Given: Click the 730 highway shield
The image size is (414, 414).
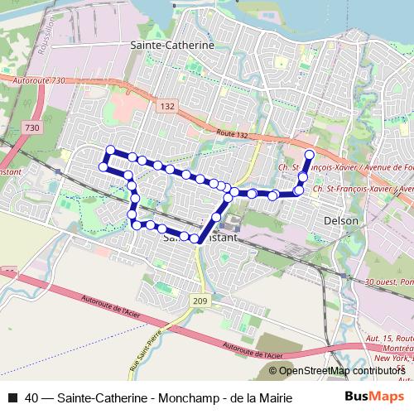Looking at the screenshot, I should click(32, 128).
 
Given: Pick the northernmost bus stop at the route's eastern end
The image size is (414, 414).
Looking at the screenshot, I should click(310, 155).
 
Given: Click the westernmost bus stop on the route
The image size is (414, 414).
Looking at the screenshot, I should click(103, 166).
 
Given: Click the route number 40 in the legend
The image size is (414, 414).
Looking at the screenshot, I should click(31, 398).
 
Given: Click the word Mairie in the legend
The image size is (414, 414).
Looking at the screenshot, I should click(273, 398).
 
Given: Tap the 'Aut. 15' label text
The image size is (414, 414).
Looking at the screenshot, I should click(378, 339).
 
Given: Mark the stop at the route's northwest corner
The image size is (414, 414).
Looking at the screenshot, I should click(109, 149).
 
